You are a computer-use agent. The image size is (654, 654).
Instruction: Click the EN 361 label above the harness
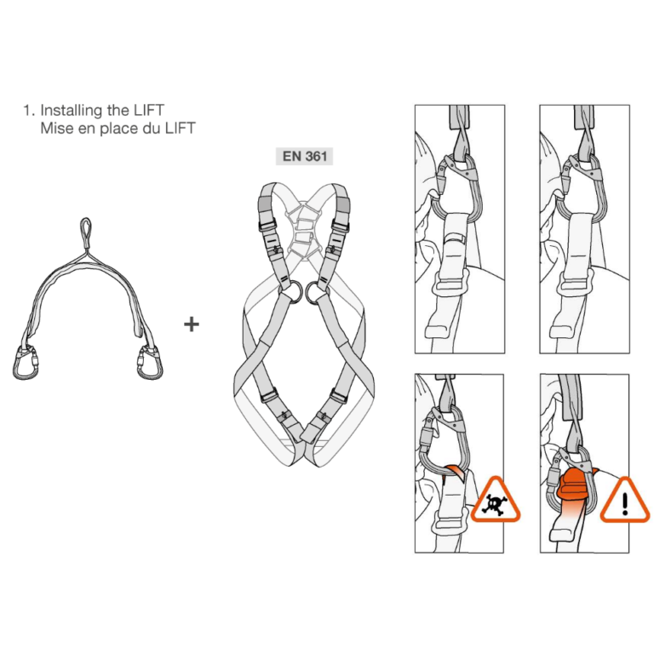(305, 157)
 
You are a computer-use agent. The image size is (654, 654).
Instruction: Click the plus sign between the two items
(192, 324)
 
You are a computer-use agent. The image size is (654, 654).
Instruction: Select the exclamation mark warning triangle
(624, 500)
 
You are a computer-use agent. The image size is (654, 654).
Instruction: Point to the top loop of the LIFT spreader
(86, 228)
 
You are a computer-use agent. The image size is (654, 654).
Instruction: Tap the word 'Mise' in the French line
(56, 129)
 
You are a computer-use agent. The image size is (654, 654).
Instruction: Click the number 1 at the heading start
(28, 111)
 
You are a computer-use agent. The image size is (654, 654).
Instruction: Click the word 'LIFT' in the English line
(147, 111)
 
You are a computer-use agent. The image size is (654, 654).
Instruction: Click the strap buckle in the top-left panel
(451, 283)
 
